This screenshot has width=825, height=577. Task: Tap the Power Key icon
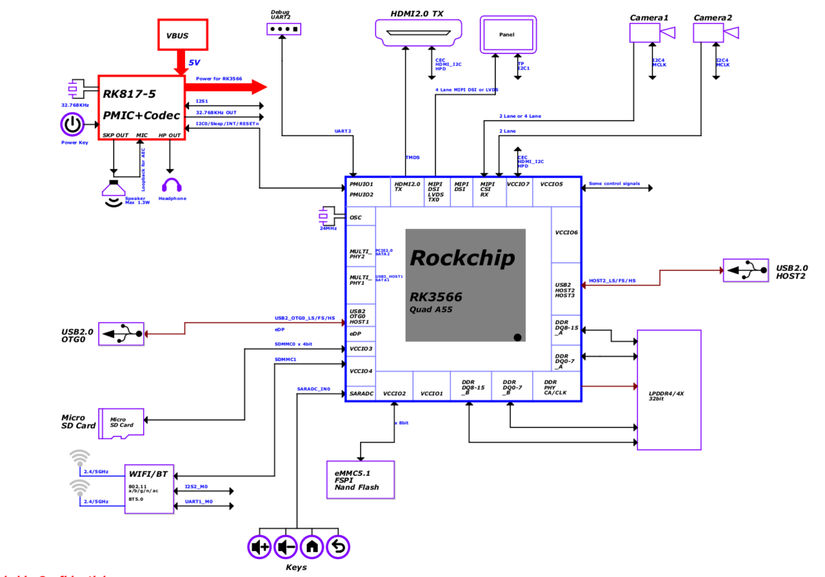click(73, 125)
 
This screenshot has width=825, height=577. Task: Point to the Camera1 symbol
click(650, 32)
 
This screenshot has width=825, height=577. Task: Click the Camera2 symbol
click(714, 32)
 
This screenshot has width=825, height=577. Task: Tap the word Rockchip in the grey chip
click(461, 259)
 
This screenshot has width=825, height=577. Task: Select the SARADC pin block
click(360, 393)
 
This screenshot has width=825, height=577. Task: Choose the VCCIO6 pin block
click(566, 232)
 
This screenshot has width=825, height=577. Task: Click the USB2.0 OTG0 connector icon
click(122, 334)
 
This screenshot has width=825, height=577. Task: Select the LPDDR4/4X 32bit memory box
click(669, 390)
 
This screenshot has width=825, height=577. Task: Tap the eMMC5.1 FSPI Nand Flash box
click(360, 480)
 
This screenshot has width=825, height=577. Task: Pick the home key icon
click(312, 547)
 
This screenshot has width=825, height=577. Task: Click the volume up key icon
click(260, 547)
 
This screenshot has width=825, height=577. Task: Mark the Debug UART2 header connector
click(283, 29)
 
